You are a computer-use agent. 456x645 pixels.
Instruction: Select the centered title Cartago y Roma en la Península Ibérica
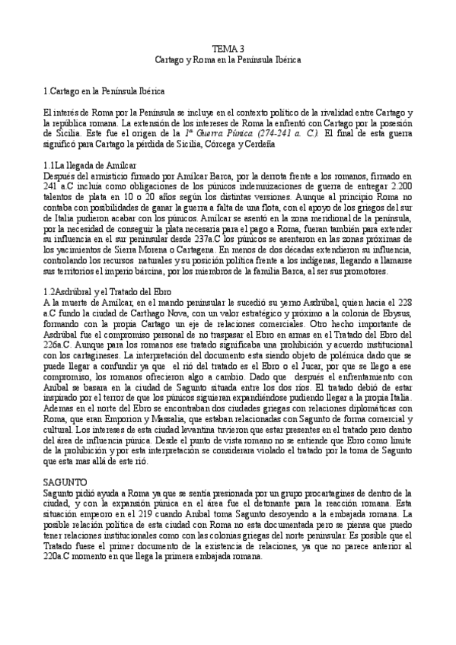click(228, 59)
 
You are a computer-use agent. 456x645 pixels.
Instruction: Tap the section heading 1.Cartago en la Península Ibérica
click(105, 91)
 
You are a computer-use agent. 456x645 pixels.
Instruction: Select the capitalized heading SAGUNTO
click(65, 482)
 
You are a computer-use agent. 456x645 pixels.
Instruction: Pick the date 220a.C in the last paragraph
click(58, 577)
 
